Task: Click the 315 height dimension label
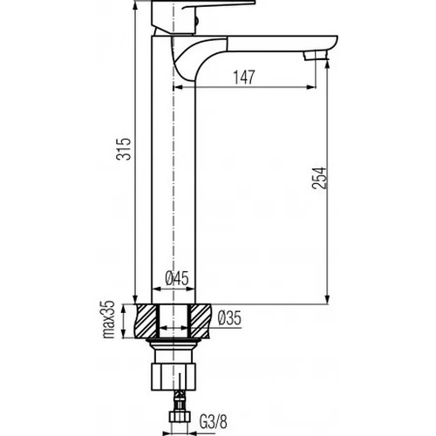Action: click(124, 148)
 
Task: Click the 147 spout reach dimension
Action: click(244, 77)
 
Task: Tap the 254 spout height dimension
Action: click(319, 178)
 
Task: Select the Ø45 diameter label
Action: click(177, 278)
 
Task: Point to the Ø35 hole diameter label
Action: click(229, 317)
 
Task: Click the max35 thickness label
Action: click(109, 319)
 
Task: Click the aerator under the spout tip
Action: click(316, 56)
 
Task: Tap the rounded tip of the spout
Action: click(333, 43)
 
